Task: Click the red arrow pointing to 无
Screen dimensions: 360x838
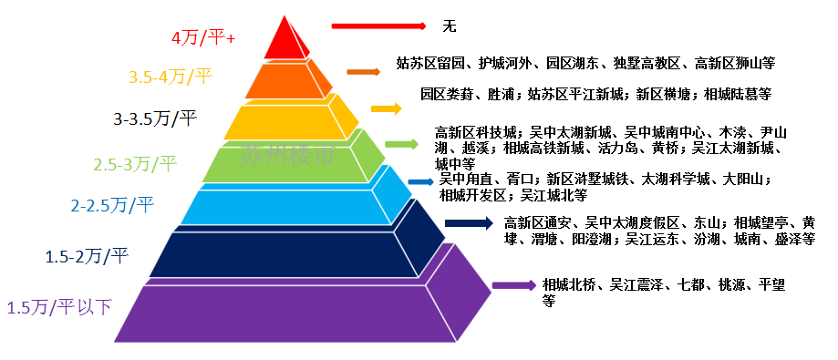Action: pyautogui.click(x=378, y=25)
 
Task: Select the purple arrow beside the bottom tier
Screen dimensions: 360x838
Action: pyautogui.click(x=513, y=285)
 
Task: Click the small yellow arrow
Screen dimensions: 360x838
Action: pyautogui.click(x=387, y=108)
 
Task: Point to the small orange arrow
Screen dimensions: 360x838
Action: pyautogui.click(x=364, y=71)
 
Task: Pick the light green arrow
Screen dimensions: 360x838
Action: pyautogui.click(x=401, y=144)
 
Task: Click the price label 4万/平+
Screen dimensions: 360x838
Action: pyautogui.click(x=203, y=39)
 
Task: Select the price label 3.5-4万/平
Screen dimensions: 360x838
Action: pyautogui.click(x=171, y=78)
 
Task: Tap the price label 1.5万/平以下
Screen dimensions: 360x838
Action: pyautogui.click(x=59, y=307)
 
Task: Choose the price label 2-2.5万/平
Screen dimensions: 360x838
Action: pyautogui.click(x=113, y=206)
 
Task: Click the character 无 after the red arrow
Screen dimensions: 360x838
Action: pyautogui.click(x=449, y=26)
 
